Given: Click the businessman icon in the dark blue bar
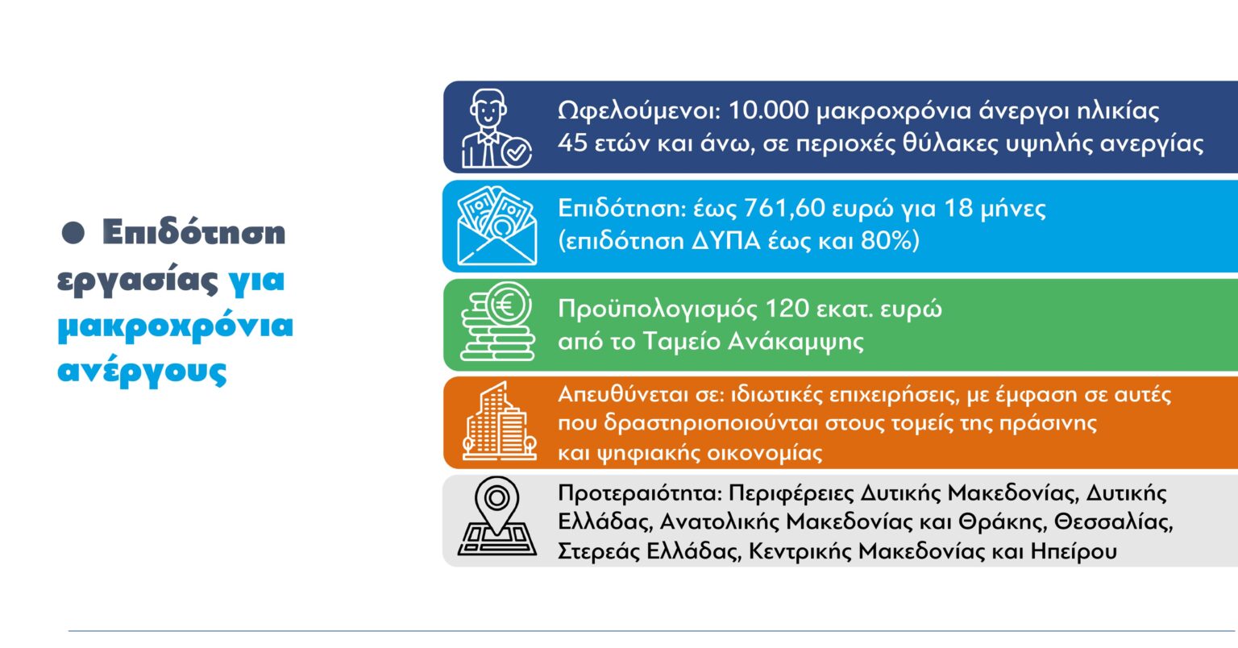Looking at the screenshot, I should click(494, 128).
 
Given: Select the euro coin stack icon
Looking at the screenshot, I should click(497, 325).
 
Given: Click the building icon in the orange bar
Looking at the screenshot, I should click(499, 422).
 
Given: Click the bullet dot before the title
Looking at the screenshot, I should click(74, 233).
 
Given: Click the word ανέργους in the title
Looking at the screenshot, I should click(142, 373).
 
